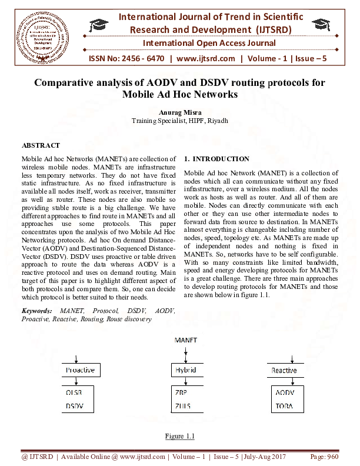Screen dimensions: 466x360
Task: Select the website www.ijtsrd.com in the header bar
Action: point(205,58)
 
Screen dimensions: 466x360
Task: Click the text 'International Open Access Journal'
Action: point(209,43)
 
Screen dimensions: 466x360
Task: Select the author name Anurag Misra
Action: point(179,112)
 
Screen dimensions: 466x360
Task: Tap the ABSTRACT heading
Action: point(41,145)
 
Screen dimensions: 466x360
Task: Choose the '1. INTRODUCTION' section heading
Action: point(216,159)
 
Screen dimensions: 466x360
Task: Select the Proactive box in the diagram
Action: point(81,370)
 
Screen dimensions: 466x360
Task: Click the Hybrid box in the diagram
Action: point(186,370)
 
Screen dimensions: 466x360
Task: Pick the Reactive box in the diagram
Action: point(284,370)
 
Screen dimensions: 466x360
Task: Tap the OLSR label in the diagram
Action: point(74,392)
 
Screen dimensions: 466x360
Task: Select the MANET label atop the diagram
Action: point(186,341)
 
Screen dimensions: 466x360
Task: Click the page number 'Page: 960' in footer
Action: point(324,457)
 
